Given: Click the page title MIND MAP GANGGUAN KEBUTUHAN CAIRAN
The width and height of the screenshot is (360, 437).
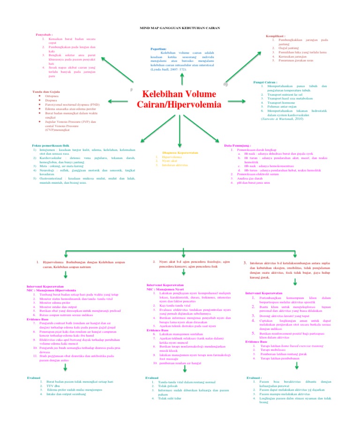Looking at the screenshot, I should (x=180, y=29).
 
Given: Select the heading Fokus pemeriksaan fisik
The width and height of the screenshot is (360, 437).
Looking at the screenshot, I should (x=47, y=146).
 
